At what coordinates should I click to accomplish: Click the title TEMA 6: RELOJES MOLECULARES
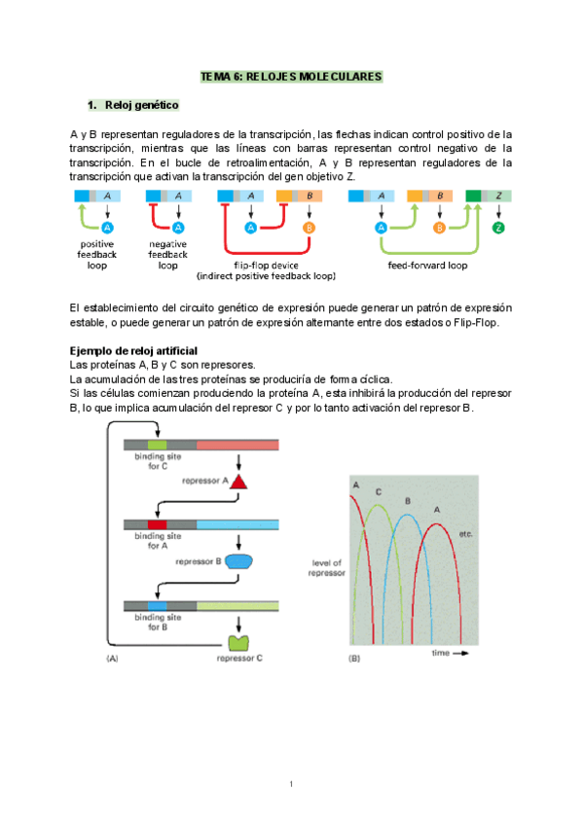(291, 75)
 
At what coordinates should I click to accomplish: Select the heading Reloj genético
(140, 104)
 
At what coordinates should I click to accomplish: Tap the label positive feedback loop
(96, 254)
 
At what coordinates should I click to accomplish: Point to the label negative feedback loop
(168, 254)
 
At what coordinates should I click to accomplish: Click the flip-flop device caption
(265, 269)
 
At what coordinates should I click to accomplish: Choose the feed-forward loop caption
(427, 264)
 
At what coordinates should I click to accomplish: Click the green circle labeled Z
(499, 228)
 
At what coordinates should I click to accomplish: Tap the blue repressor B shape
(238, 561)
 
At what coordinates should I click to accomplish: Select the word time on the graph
(441, 653)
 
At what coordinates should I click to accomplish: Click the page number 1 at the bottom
(291, 784)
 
